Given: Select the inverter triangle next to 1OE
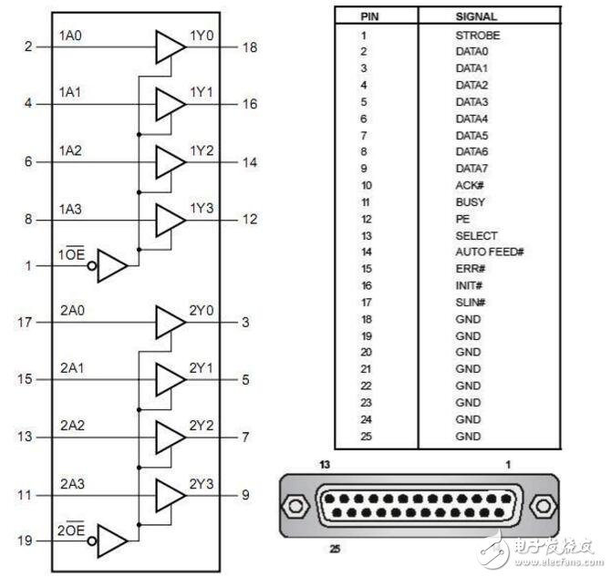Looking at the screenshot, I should pyautogui.click(x=111, y=266).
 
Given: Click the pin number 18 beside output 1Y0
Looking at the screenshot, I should pyautogui.click(x=249, y=46).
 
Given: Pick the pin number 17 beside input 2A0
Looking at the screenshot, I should pyautogui.click(x=25, y=323).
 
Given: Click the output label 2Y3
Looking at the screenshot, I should pyautogui.click(x=201, y=484).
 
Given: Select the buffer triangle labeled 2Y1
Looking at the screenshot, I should pyautogui.click(x=168, y=380).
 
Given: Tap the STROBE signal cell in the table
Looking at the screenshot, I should pyautogui.click(x=478, y=35).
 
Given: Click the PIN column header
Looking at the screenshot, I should pyautogui.click(x=368, y=15).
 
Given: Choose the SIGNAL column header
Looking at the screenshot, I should pyautogui.click(x=476, y=15).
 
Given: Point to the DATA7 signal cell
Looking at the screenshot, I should pyautogui.click(x=472, y=168).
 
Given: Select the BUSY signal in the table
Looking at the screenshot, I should pyautogui.click(x=470, y=201).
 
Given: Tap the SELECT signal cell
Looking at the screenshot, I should pyautogui.click(x=476, y=235).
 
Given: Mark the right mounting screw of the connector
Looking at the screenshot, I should pyautogui.click(x=544, y=504).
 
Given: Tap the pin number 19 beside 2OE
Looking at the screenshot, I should pyautogui.click(x=25, y=541).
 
